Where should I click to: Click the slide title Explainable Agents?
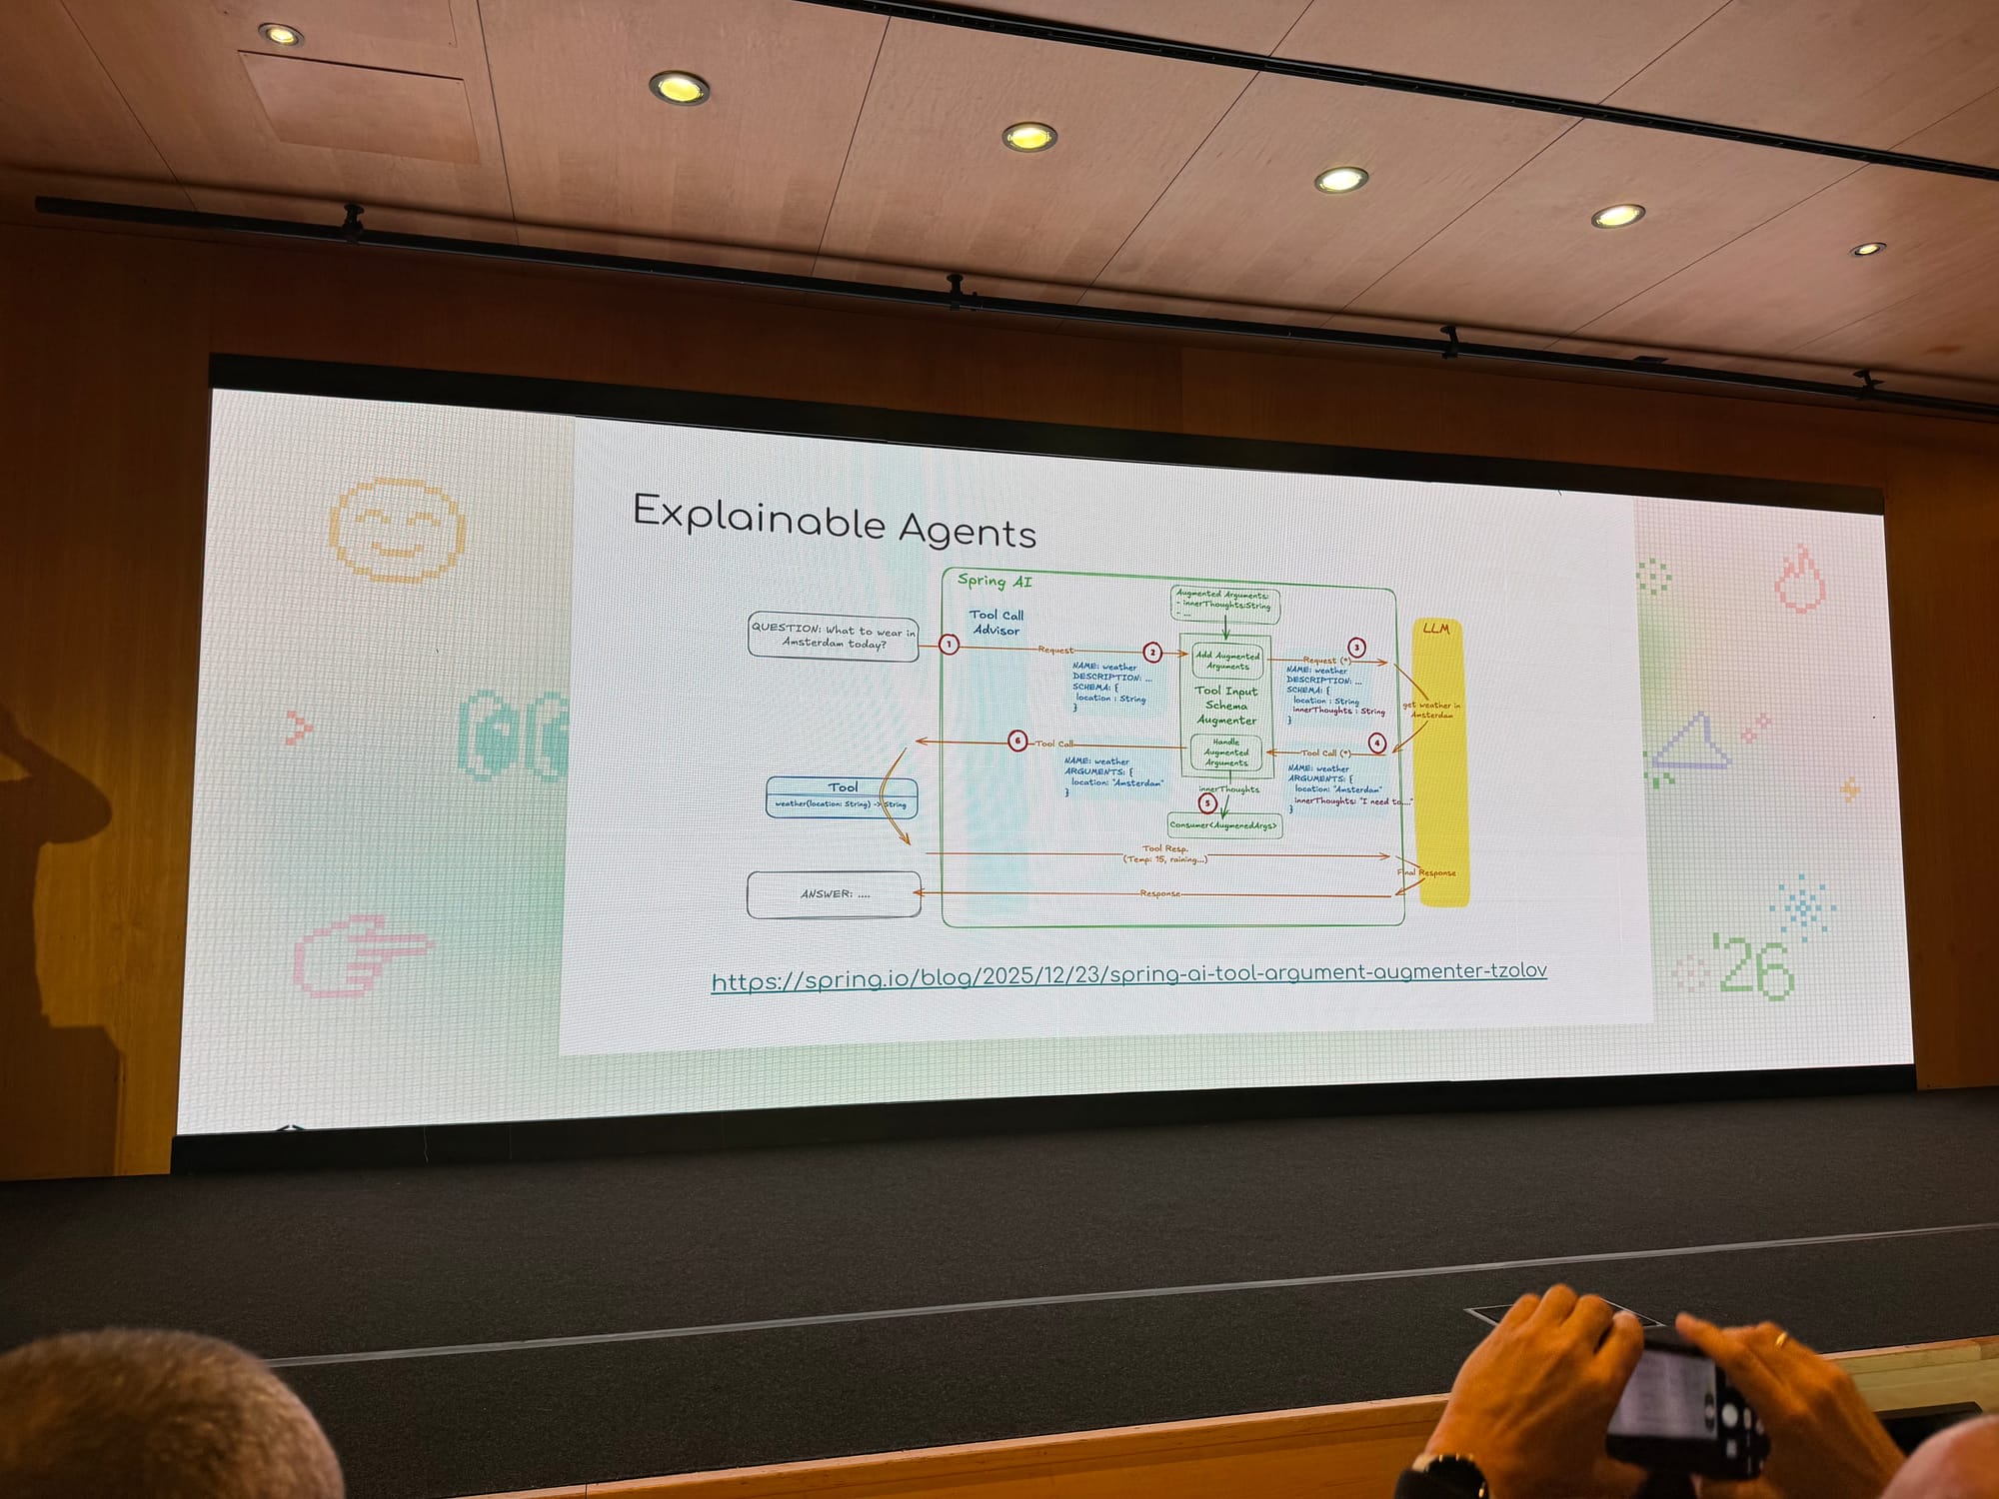835,521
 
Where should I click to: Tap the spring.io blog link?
1128,974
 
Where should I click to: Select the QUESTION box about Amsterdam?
833,637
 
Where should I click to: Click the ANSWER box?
834,893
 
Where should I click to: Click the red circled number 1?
949,645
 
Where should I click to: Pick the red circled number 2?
1152,652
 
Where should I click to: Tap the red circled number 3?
1356,647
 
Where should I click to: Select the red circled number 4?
1377,743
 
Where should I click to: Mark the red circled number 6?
1017,741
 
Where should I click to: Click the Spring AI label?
995,581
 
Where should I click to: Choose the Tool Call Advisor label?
997,623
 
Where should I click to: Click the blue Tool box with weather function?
842,796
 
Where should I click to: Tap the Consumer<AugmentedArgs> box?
1224,825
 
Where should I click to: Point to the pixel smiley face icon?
397,530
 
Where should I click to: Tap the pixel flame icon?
1800,579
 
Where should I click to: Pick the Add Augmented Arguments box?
1227,661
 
